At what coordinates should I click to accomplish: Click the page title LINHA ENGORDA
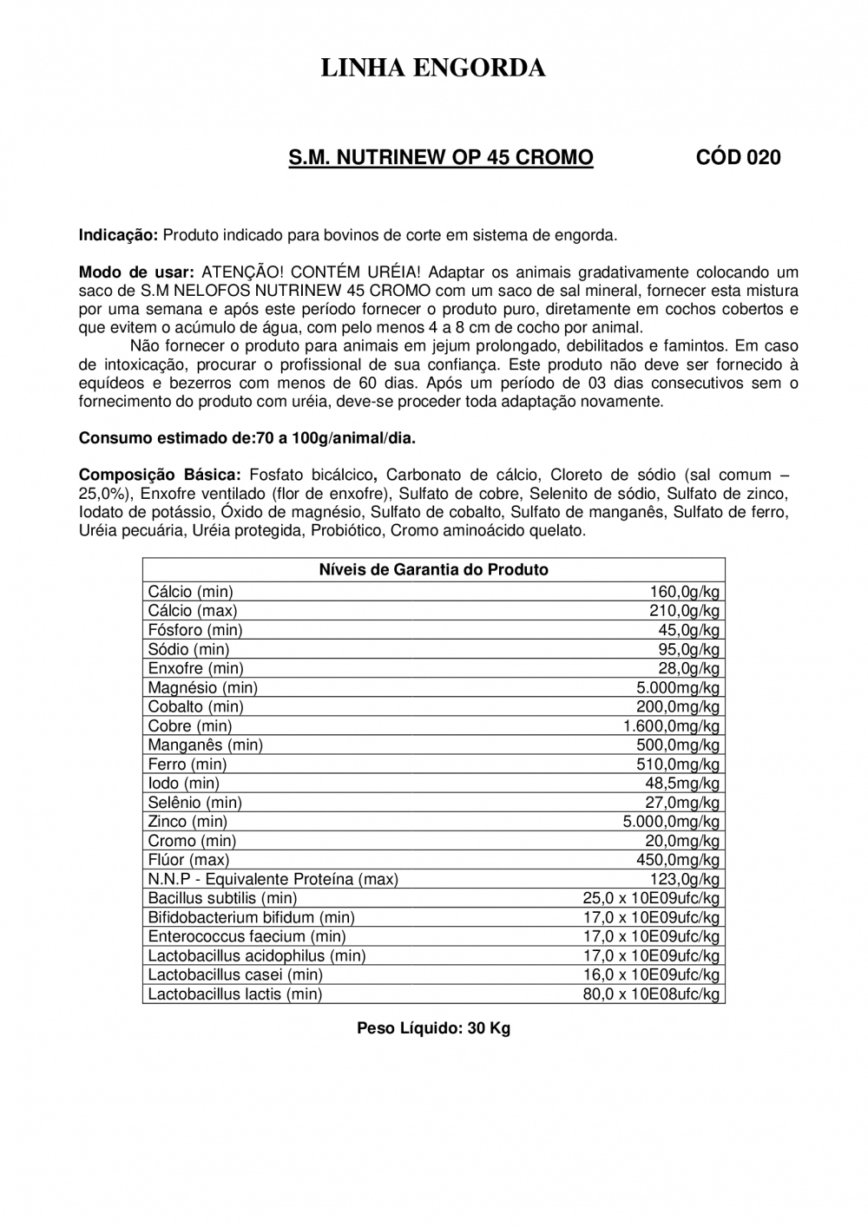(433, 68)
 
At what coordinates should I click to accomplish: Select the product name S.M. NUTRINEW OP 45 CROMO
(441, 157)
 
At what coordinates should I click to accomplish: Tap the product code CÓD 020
(738, 157)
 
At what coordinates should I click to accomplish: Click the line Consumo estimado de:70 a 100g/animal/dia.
(247, 437)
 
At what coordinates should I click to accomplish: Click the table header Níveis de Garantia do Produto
(433, 570)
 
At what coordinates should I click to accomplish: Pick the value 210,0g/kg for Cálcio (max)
(685, 611)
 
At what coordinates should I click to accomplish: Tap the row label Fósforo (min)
(195, 630)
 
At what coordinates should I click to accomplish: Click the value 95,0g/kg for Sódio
(689, 649)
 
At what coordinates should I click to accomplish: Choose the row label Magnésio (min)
(203, 687)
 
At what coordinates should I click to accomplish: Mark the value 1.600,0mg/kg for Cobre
(672, 725)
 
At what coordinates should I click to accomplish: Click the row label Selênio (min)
(195, 803)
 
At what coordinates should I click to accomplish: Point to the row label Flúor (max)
(188, 860)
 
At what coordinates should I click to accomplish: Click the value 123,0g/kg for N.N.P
(685, 879)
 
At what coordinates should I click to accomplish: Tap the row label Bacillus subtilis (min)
(222, 898)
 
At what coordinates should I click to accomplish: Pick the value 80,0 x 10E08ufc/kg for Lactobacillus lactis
(651, 994)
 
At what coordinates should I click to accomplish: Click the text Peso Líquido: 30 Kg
(433, 1028)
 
